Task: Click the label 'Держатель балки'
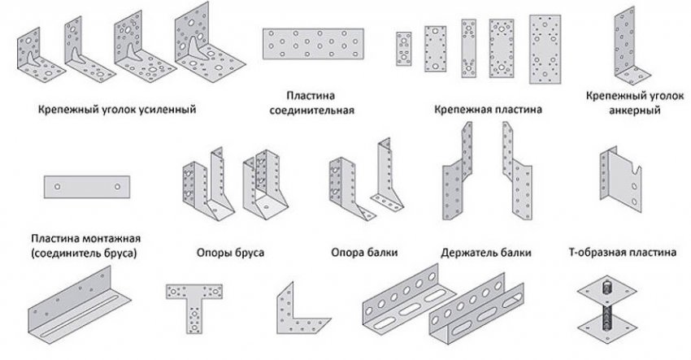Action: [485, 253]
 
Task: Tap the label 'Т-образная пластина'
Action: [622, 253]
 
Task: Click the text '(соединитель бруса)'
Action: [86, 254]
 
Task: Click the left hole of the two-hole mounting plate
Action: [57, 187]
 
